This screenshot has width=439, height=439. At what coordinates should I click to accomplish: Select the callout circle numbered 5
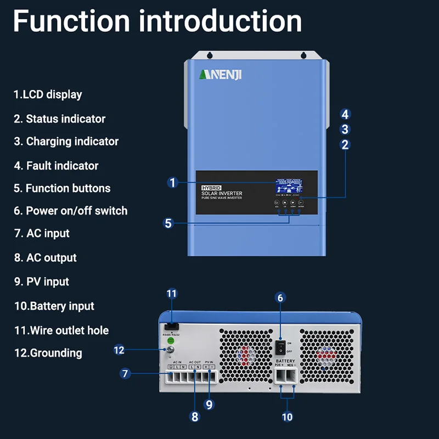point(168,223)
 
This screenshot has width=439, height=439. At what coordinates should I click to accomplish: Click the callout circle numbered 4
point(345,115)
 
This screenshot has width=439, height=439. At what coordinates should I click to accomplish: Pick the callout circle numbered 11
point(172,294)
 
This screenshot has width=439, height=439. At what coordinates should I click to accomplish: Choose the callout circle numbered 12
point(119,349)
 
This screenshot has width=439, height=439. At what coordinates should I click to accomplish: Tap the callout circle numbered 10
point(287,417)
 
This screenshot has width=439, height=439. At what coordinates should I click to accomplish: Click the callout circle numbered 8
point(194,417)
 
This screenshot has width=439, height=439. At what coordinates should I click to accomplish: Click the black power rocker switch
point(280,346)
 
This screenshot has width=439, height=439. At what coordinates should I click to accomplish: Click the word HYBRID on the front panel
point(211,188)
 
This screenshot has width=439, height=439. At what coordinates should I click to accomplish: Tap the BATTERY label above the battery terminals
point(285,361)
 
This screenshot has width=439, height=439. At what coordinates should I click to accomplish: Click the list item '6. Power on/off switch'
point(71,211)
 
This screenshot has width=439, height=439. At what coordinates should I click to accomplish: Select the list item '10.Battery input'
point(54,306)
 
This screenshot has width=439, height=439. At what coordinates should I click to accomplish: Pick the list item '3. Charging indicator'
point(66,142)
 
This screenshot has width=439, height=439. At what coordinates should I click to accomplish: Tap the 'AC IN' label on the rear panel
point(177,363)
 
